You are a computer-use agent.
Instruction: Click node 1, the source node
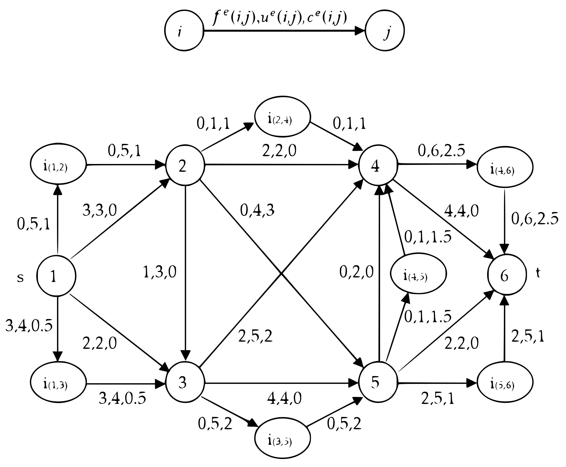tap(56, 276)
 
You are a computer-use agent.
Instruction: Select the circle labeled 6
tap(507, 275)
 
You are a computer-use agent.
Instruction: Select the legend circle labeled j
tap(385, 30)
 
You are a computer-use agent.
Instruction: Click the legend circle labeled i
tap(184, 30)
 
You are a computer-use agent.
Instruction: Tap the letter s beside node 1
tap(21, 278)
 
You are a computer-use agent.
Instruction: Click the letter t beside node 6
tap(538, 273)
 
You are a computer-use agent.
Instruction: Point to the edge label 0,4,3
tap(257, 210)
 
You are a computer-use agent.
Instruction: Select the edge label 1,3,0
tap(160, 272)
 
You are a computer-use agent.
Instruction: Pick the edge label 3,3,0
tap(100, 210)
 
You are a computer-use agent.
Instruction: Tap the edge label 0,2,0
tap(356, 272)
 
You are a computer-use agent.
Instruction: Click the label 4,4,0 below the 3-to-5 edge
tap(284, 398)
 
